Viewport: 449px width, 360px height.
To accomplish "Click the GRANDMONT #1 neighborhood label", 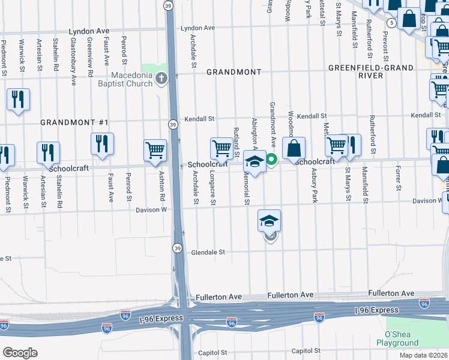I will (x=74, y=122).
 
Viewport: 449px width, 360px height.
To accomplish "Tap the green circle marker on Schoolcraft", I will (x=271, y=159).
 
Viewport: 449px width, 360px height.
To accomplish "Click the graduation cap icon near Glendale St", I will (x=270, y=220).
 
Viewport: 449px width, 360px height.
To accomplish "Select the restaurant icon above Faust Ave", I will (x=103, y=143).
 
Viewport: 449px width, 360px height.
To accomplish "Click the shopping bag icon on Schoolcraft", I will (x=294, y=148).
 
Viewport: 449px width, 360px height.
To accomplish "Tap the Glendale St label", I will (x=208, y=253).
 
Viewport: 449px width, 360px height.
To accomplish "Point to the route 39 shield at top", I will (x=169, y=5).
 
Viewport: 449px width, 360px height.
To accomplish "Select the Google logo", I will (x=20, y=352).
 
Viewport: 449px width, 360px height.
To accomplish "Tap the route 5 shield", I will (x=392, y=23).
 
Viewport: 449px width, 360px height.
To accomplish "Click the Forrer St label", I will (x=398, y=179).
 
